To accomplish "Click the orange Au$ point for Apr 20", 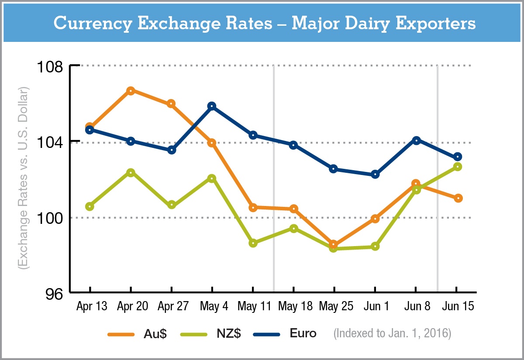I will (131, 91).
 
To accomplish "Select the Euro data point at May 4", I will (212, 106).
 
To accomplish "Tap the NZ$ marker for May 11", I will (253, 243).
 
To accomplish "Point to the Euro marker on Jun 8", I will (416, 140).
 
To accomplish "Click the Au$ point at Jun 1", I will (375, 219).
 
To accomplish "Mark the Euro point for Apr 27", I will (172, 150).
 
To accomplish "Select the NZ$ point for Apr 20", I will (131, 172).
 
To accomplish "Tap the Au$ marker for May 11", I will (253, 208).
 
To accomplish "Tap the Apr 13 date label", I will (91, 306).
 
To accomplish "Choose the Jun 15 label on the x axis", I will (457, 306).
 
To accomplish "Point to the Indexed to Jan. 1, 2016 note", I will (392, 334).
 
